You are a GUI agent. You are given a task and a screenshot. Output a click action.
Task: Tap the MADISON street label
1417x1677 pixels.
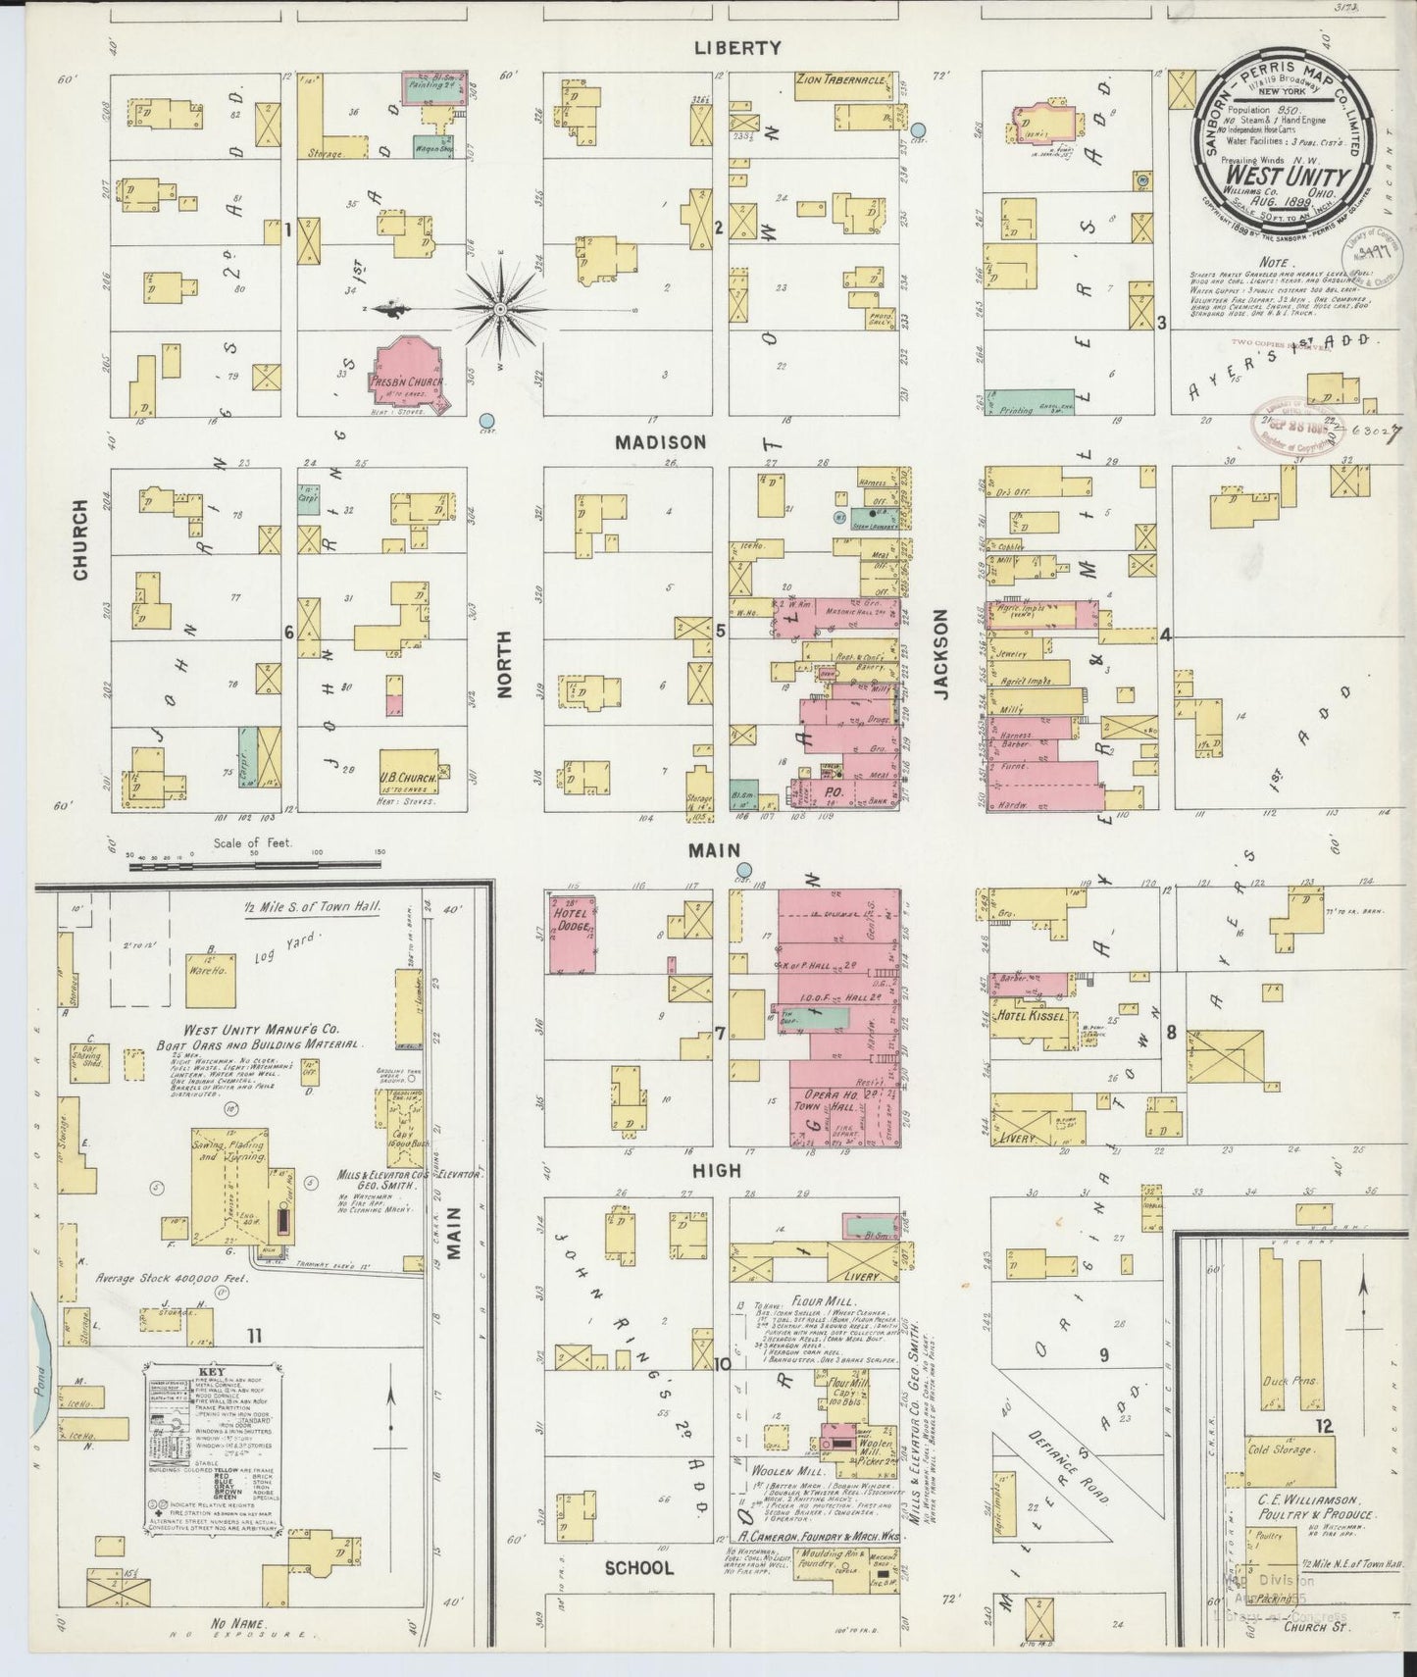click(x=660, y=442)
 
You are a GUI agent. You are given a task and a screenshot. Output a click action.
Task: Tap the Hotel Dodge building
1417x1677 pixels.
click(x=573, y=933)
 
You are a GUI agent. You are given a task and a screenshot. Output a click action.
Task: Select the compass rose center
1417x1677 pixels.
click(x=501, y=309)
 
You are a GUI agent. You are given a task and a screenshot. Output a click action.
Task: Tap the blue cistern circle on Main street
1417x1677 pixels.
click(x=744, y=869)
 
